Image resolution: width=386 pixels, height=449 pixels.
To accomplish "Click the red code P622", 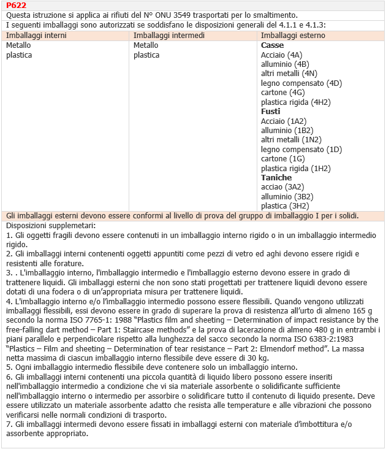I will pyautogui.click(x=16, y=6).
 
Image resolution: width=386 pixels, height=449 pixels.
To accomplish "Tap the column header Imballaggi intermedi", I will pyautogui.click(x=169, y=36).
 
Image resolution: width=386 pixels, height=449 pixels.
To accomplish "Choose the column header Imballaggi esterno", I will pyautogui.click(x=293, y=36).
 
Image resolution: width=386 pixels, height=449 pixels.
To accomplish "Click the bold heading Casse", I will pyautogui.click(x=272, y=45).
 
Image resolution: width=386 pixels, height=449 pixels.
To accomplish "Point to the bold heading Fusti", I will pyautogui.click(x=270, y=111).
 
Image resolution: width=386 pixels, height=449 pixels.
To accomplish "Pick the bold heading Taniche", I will pyautogui.click(x=276, y=177).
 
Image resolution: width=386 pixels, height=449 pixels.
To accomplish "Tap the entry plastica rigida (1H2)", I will pyautogui.click(x=295, y=168).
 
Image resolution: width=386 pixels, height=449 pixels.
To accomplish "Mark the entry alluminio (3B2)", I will pyautogui.click(x=287, y=196).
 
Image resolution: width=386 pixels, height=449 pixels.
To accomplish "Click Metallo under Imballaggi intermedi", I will pyautogui.click(x=146, y=45).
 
